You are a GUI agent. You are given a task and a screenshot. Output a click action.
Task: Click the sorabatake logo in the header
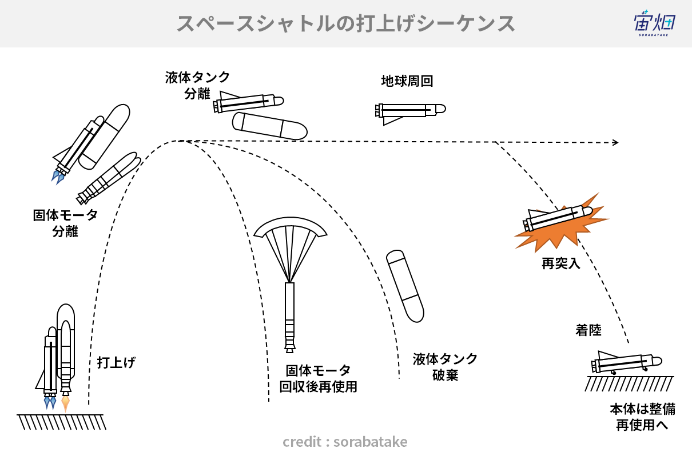pyautogui.click(x=654, y=23)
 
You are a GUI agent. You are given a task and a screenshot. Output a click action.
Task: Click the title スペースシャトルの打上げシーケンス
pyautogui.click(x=345, y=24)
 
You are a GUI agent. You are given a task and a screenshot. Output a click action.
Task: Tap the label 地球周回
pyautogui.click(x=407, y=81)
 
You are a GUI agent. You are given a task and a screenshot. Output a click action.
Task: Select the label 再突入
pyautogui.click(x=560, y=263)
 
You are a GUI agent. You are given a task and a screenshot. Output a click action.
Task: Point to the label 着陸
pyautogui.click(x=588, y=330)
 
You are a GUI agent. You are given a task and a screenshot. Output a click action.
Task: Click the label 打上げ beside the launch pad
pyautogui.click(x=116, y=362)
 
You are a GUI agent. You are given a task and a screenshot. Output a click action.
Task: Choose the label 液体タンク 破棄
pyautogui.click(x=445, y=367)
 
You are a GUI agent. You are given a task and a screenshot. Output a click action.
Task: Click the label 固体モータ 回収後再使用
pyautogui.click(x=318, y=378)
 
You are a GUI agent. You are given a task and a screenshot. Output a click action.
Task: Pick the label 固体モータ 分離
pyautogui.click(x=65, y=223)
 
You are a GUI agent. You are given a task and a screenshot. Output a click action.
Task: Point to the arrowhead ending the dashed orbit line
pyautogui.click(x=615, y=142)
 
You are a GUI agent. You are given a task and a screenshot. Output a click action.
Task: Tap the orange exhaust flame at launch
pyautogui.click(x=66, y=403)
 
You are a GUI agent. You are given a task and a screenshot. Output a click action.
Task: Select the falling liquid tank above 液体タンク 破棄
pyautogui.click(x=405, y=286)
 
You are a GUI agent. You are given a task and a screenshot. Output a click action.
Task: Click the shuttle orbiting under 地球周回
pyautogui.click(x=410, y=113)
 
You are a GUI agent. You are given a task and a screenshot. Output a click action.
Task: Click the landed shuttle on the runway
pyautogui.click(x=626, y=363)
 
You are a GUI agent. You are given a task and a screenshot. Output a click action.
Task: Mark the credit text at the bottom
pyautogui.click(x=345, y=442)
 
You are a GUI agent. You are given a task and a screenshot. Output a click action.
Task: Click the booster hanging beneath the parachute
pyautogui.click(x=289, y=317)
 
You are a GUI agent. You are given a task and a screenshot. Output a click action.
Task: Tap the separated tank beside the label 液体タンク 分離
pyautogui.click(x=270, y=126)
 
